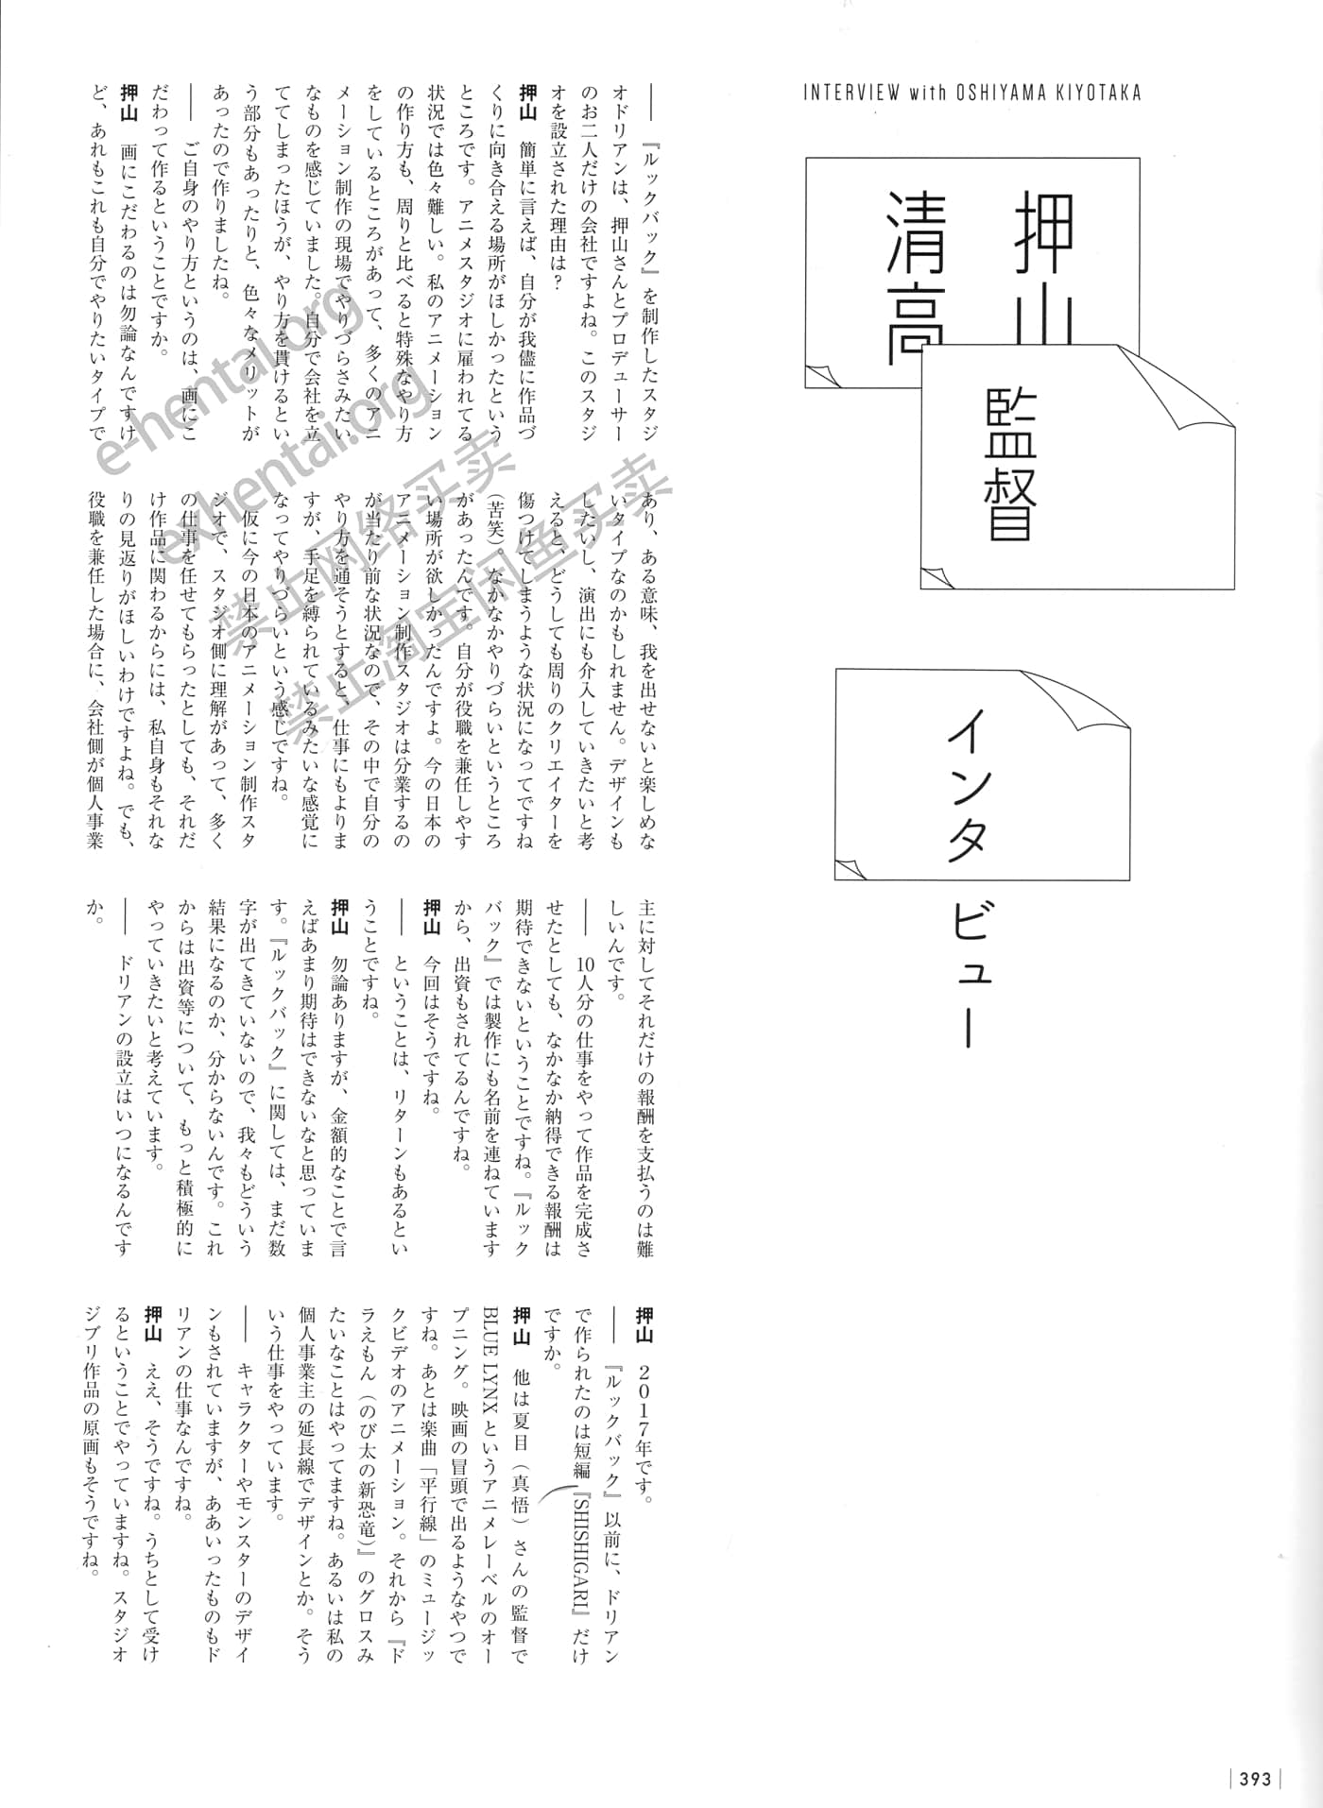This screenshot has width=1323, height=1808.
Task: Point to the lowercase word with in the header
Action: [x=927, y=93]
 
